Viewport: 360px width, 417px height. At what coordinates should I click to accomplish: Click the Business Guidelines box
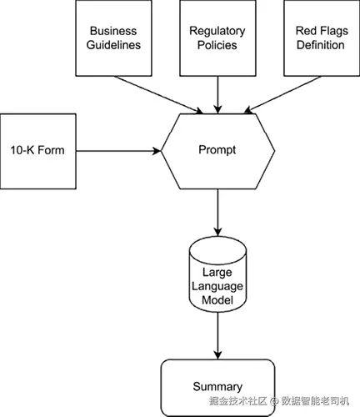click(x=113, y=38)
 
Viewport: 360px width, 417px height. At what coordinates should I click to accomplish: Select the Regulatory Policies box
click(x=217, y=38)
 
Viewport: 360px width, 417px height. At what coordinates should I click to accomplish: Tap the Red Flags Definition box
click(x=322, y=38)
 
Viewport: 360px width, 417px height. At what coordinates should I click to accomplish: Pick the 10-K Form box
click(x=38, y=151)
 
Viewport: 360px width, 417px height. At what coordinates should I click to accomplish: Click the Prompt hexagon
click(x=217, y=151)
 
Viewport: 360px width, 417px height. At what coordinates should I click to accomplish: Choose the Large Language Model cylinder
click(x=217, y=274)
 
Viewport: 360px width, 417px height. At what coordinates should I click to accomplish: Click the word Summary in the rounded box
click(x=217, y=387)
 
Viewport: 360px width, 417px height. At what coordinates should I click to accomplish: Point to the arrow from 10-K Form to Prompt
click(x=118, y=151)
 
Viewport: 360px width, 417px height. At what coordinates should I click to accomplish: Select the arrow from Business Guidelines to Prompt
click(x=158, y=95)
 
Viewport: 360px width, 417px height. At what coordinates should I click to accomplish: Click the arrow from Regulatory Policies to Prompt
click(x=217, y=95)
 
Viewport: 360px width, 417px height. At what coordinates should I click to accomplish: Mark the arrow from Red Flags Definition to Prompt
click(x=282, y=95)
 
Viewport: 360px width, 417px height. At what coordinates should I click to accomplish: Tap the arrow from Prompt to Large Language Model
click(x=217, y=213)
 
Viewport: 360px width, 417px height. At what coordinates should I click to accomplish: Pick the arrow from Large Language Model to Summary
click(x=217, y=335)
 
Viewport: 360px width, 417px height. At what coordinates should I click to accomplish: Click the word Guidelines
click(x=113, y=45)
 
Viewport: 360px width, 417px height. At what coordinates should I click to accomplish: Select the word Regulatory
click(x=217, y=31)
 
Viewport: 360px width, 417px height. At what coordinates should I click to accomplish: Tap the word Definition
click(x=321, y=45)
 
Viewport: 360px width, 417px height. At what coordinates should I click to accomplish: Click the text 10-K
click(x=22, y=150)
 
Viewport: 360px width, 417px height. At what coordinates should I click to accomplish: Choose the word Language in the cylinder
click(x=217, y=286)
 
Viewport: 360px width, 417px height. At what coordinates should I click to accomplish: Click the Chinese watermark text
click(x=279, y=401)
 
